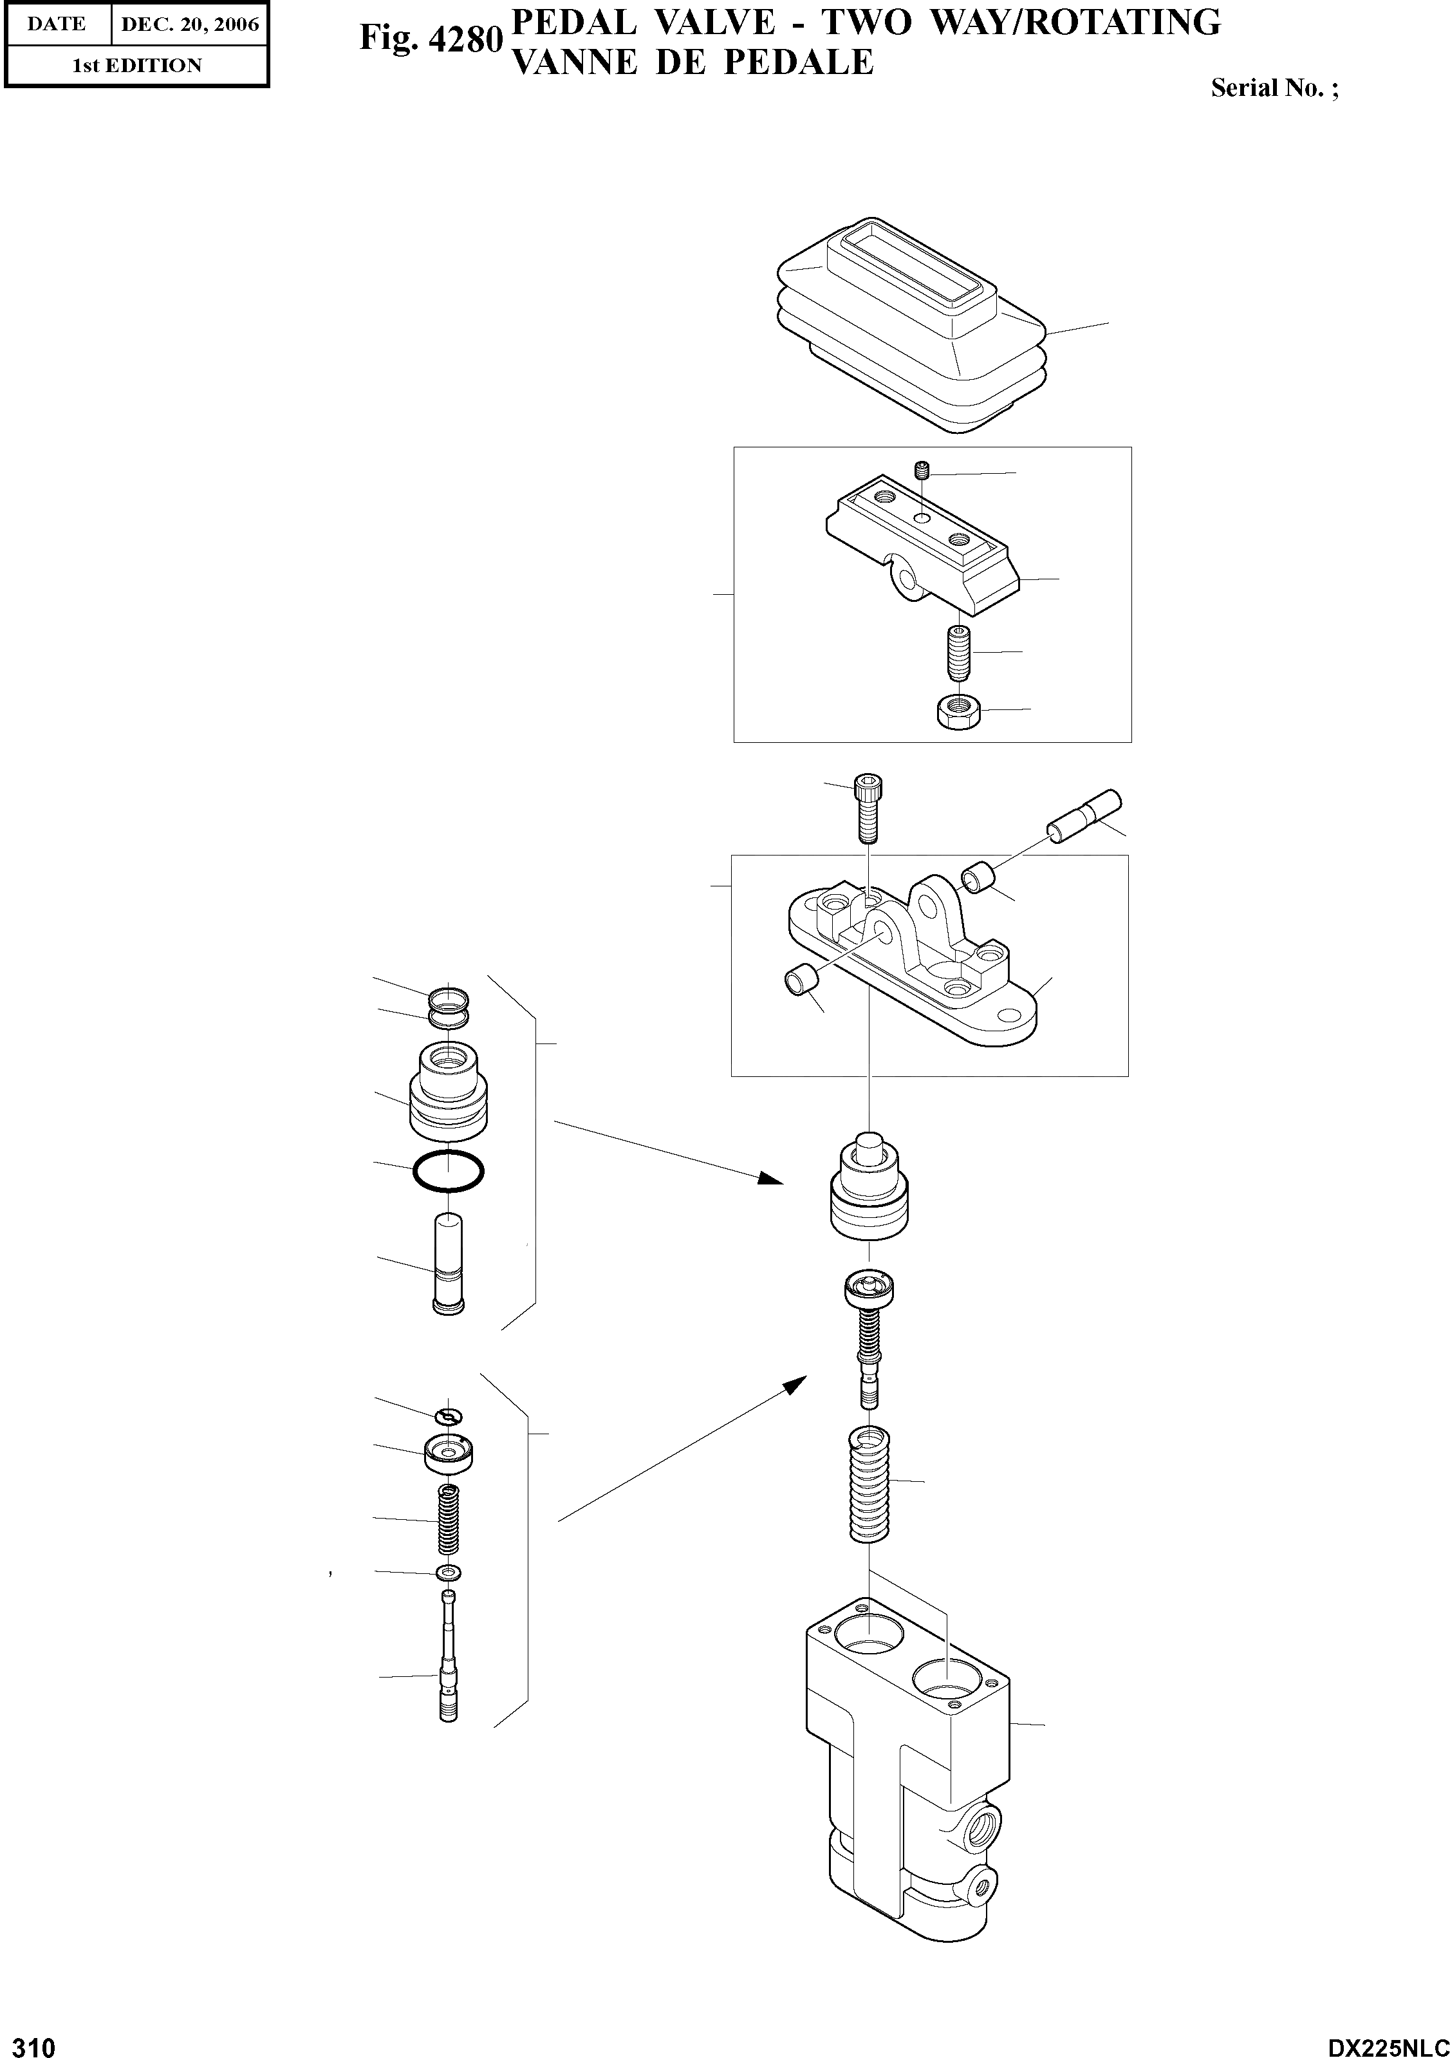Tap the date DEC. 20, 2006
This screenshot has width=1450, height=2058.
[189, 24]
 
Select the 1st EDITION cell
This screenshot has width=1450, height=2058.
[136, 66]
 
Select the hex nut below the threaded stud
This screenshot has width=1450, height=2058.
[955, 713]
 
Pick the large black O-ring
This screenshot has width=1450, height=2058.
[448, 1171]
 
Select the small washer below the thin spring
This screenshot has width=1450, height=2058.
[448, 1573]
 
